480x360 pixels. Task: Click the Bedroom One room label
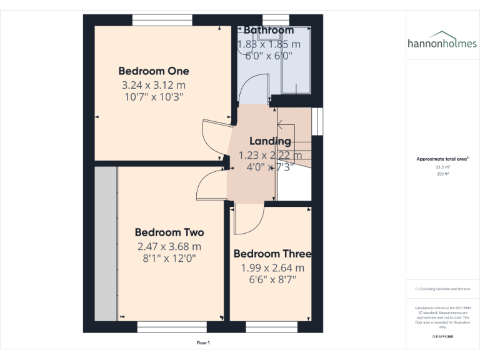point(153,71)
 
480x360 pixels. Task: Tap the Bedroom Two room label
point(169,232)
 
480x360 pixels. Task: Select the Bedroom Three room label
point(272,254)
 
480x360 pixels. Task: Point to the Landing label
point(270,141)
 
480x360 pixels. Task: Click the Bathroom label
point(268,30)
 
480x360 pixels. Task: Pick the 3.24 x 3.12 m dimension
point(153,85)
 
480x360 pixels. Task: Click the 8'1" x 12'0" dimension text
point(169,258)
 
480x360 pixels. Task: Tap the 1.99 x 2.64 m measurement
point(272,267)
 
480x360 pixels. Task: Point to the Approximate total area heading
point(442,159)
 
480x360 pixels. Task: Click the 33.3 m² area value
point(442,167)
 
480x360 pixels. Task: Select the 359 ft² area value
point(442,174)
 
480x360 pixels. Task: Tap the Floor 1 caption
point(203,342)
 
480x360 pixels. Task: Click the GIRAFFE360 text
point(442,336)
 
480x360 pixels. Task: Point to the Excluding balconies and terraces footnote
point(442,289)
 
